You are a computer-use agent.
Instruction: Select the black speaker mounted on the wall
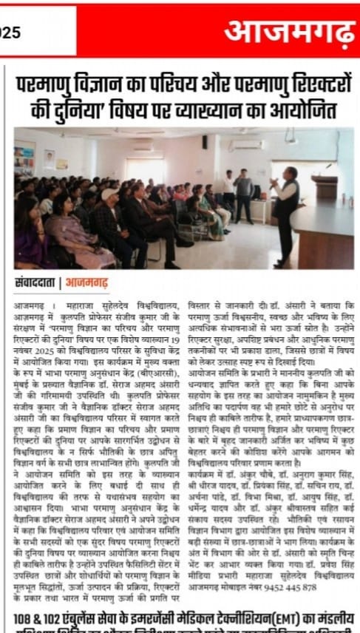(204, 141)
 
